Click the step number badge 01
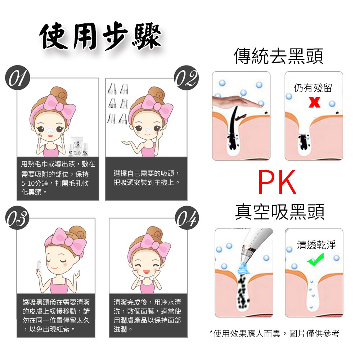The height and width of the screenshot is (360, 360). click(18, 77)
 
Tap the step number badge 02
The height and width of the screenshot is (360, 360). click(186, 77)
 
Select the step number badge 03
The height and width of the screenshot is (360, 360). click(17, 218)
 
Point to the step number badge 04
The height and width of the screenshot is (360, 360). click(187, 218)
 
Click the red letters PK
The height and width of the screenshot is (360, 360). click(277, 182)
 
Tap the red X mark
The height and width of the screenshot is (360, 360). click(314, 102)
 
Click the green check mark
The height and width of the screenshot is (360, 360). click(316, 260)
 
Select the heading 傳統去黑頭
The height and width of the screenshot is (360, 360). click(278, 56)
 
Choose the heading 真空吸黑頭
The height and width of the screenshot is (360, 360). click(279, 211)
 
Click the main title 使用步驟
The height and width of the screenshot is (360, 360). click(100, 36)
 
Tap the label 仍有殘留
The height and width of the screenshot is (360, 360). click(313, 88)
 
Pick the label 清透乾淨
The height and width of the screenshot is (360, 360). click(316, 245)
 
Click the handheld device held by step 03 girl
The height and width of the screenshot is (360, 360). click(39, 267)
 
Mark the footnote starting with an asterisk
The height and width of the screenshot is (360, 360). click(274, 333)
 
